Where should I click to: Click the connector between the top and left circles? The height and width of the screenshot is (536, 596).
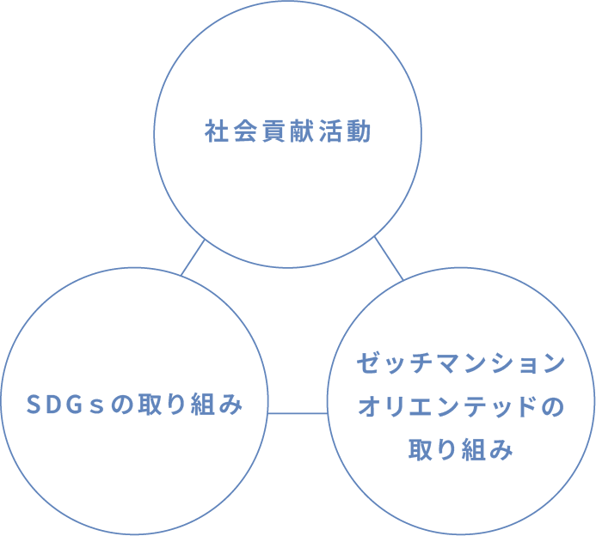[194, 257]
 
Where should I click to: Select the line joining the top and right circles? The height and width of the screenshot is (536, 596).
[389, 259]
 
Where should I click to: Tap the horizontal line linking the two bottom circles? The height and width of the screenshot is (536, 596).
[298, 413]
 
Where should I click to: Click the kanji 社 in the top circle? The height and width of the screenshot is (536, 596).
[216, 133]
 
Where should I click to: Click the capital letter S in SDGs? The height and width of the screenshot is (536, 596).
[35, 404]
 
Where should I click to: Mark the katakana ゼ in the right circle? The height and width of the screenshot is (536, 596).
[367, 362]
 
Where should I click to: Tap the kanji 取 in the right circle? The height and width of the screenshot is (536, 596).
[421, 448]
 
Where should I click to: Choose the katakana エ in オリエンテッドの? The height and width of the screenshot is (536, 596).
[421, 405]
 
